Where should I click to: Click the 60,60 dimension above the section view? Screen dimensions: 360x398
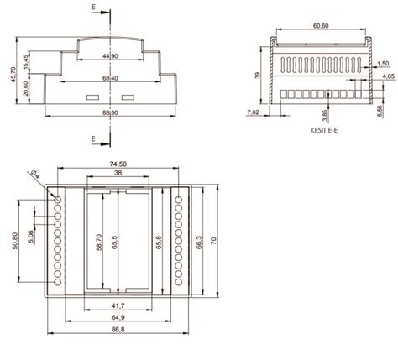(x=320, y=26)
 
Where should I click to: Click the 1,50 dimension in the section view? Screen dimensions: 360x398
(x=382, y=64)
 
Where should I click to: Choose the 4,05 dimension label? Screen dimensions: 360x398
(x=387, y=76)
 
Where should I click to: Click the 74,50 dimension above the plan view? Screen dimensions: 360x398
(x=116, y=164)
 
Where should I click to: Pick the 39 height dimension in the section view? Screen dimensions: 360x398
(x=258, y=75)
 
